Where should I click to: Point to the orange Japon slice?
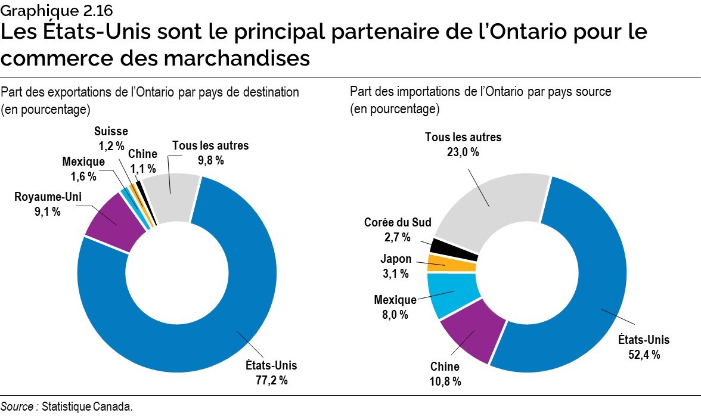tap(452, 263)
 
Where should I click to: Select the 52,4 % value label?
tap(643, 355)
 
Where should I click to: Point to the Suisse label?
tap(111, 131)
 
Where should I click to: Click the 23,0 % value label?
tap(463, 151)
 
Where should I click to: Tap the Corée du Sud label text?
tap(398, 223)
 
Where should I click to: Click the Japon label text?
tap(395, 259)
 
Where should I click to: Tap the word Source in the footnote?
tap(17, 406)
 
